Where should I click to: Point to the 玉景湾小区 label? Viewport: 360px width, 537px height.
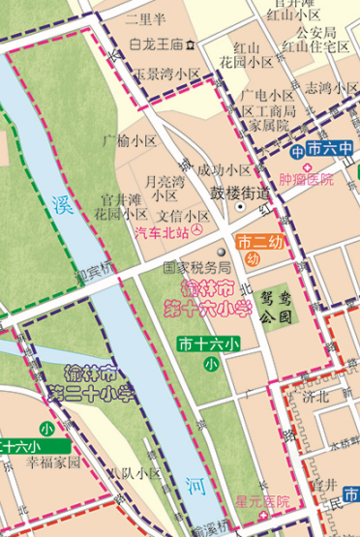166,74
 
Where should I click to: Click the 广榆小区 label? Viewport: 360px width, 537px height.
131,140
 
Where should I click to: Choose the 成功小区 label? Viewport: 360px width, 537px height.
225,169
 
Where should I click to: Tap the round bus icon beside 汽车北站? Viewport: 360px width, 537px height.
197,231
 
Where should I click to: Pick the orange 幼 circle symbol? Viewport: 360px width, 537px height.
251,257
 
